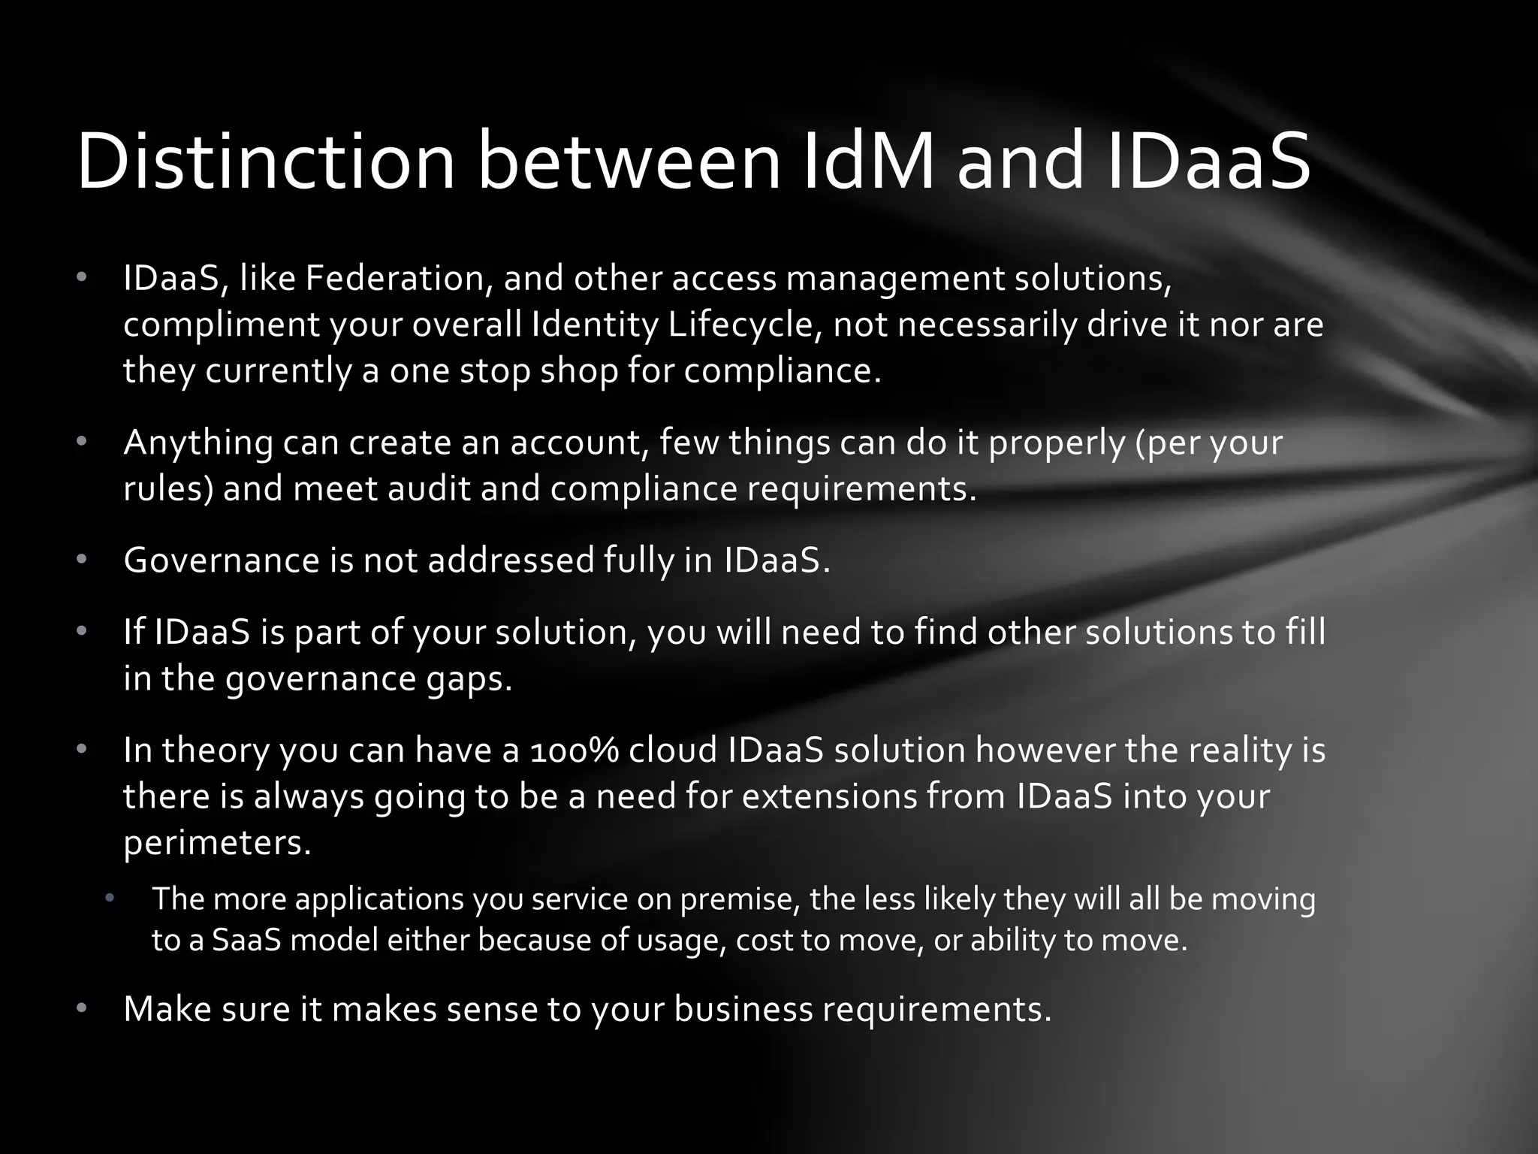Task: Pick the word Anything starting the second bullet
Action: click(x=198, y=443)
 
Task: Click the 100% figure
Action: click(x=574, y=751)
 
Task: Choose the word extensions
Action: click(x=830, y=796)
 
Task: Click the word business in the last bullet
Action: click(x=743, y=1009)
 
